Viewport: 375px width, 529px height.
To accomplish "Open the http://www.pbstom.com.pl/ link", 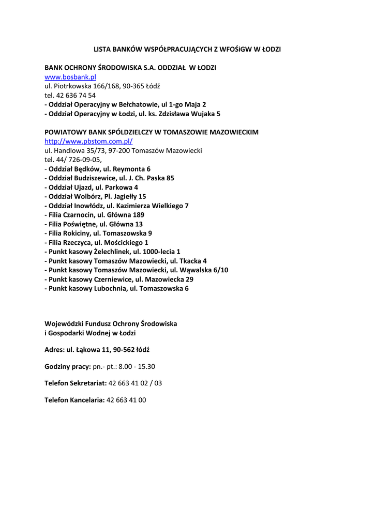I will (x=88, y=141).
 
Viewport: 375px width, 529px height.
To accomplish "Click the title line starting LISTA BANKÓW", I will (x=187, y=50).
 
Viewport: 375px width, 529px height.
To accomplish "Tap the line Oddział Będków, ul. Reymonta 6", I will (x=98, y=169).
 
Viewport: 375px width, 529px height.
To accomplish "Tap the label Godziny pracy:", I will (x=67, y=367).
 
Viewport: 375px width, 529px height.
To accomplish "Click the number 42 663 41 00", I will (x=126, y=400).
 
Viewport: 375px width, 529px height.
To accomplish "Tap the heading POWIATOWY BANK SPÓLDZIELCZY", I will (x=152, y=132).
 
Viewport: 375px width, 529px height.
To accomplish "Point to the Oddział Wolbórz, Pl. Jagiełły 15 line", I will (x=97, y=196).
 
